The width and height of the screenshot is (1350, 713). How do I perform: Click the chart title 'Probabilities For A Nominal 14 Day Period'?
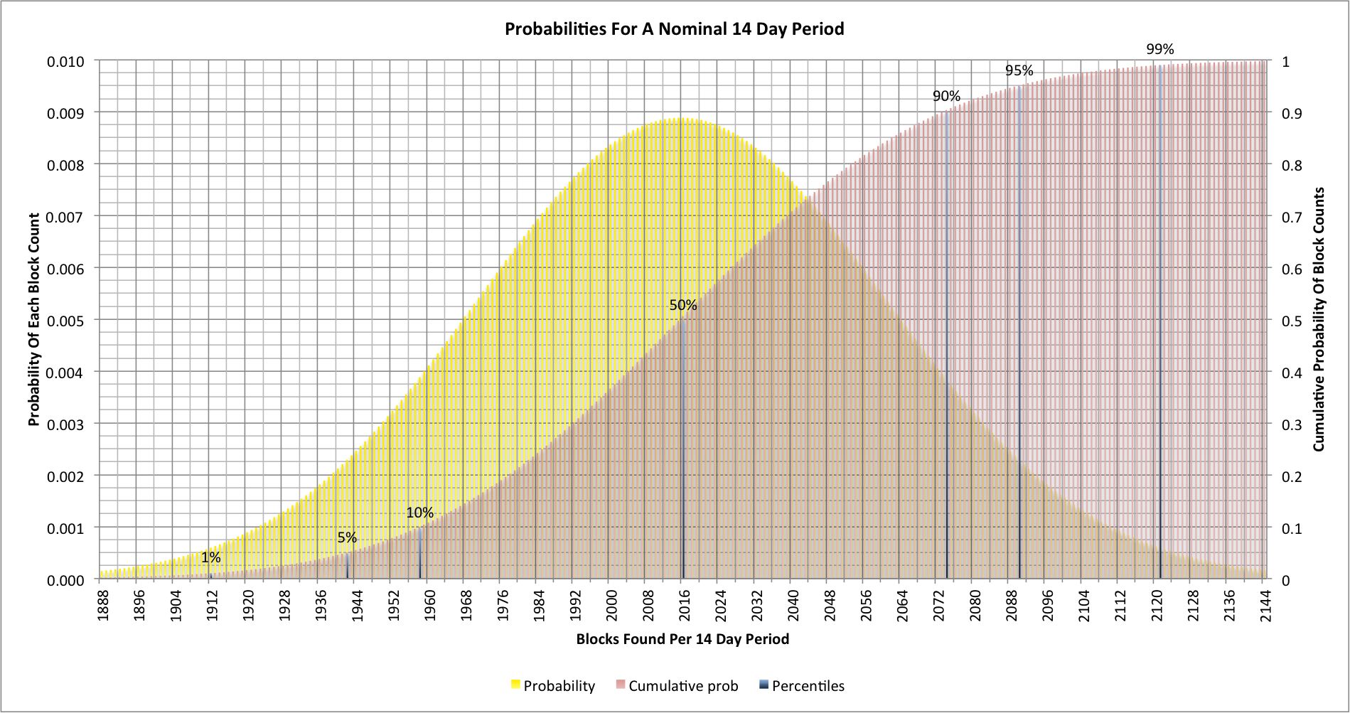point(674,29)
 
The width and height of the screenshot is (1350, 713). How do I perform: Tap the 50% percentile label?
point(682,305)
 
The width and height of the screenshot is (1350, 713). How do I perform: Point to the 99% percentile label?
point(1159,49)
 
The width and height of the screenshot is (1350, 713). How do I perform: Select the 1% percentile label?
point(210,557)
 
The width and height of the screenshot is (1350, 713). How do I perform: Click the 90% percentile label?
point(946,96)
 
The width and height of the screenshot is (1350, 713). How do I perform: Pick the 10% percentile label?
point(419,513)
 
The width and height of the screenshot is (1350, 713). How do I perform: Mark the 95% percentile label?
point(1019,70)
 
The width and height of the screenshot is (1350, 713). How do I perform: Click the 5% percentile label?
point(347,537)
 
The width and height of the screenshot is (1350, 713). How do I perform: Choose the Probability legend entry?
point(552,686)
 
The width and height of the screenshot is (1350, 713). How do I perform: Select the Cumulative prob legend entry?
point(677,686)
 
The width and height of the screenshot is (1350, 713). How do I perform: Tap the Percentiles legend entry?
point(802,686)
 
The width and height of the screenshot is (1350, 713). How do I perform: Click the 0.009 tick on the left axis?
point(65,113)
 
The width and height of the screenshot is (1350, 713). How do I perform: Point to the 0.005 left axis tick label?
point(65,321)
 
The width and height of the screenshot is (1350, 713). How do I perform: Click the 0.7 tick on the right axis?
point(1292,217)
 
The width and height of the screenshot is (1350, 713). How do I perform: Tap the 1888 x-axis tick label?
point(104,605)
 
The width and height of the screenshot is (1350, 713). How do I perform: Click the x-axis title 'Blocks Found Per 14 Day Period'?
point(682,639)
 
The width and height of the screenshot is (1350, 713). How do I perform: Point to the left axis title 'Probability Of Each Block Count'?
point(34,320)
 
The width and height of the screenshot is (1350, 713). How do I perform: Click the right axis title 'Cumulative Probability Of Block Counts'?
point(1319,319)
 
